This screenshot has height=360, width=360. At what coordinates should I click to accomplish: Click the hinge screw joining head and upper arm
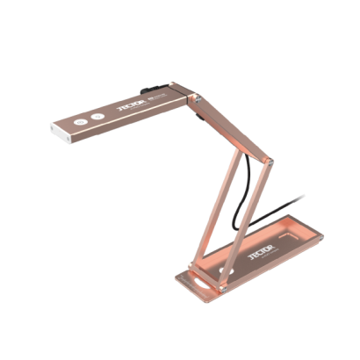(x=198, y=103)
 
